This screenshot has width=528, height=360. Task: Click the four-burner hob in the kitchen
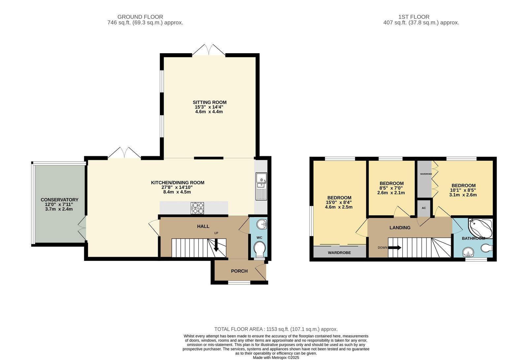pos(197,208)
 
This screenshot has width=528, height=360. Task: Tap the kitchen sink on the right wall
pos(261,187)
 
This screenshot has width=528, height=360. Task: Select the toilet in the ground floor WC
pos(259,250)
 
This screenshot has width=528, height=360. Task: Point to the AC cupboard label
pos(424,208)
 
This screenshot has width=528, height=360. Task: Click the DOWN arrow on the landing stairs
pos(395,248)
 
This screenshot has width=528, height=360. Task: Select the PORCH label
pos(239,271)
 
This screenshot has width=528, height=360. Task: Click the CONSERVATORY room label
pos(59,200)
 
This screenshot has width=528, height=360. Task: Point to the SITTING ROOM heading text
pos(210,102)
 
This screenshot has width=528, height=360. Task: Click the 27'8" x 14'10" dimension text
pos(177,187)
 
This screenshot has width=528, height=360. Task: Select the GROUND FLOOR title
pos(140,17)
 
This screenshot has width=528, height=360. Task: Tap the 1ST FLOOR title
pos(414,17)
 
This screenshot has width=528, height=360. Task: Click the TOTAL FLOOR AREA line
pos(276,329)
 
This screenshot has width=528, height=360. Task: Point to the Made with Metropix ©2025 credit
pos(276,358)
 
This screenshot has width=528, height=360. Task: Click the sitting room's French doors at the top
pos(209,50)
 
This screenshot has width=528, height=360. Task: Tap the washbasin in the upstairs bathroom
pos(468,252)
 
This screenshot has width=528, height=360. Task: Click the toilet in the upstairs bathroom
pos(486,248)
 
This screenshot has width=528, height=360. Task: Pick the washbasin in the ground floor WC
pos(262,224)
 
